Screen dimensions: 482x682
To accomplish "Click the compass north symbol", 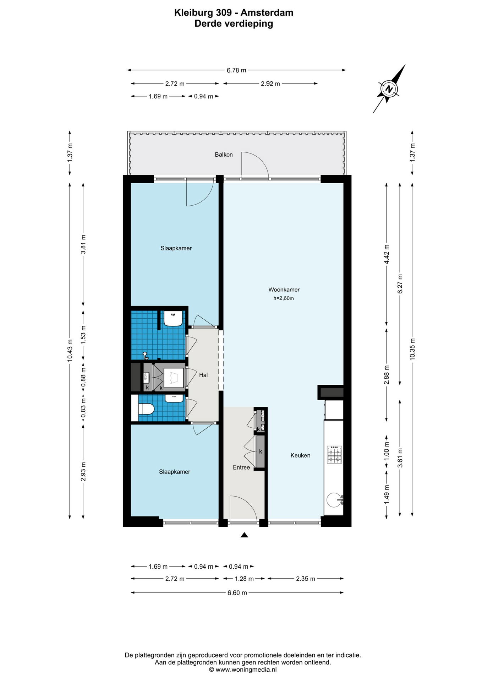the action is click(389, 89).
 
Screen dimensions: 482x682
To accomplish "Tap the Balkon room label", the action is click(224, 155).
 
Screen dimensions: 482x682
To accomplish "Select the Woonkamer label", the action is click(284, 289).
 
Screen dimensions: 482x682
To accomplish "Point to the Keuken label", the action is click(300, 455).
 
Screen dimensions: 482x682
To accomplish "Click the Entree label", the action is click(241, 467).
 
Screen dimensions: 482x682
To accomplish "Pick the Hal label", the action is click(203, 375).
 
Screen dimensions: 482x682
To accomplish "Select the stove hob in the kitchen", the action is click(334, 454).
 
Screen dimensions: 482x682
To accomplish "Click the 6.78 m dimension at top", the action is click(236, 70).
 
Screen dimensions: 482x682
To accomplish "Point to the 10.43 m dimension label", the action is click(70, 351).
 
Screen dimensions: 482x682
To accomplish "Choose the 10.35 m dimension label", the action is click(412, 349).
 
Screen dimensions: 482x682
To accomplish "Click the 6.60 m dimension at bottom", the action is click(237, 592).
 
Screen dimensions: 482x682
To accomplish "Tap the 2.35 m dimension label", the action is click(306, 579).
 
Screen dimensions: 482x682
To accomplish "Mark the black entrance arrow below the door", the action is click(244, 535).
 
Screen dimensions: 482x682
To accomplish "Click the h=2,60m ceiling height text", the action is click(284, 298).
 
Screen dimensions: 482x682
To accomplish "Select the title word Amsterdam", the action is click(267, 13).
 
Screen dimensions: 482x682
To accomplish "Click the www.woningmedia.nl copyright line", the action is click(243, 670).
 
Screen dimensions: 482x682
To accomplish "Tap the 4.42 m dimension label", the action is click(387, 254).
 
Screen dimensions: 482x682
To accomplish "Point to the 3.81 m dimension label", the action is click(83, 244).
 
